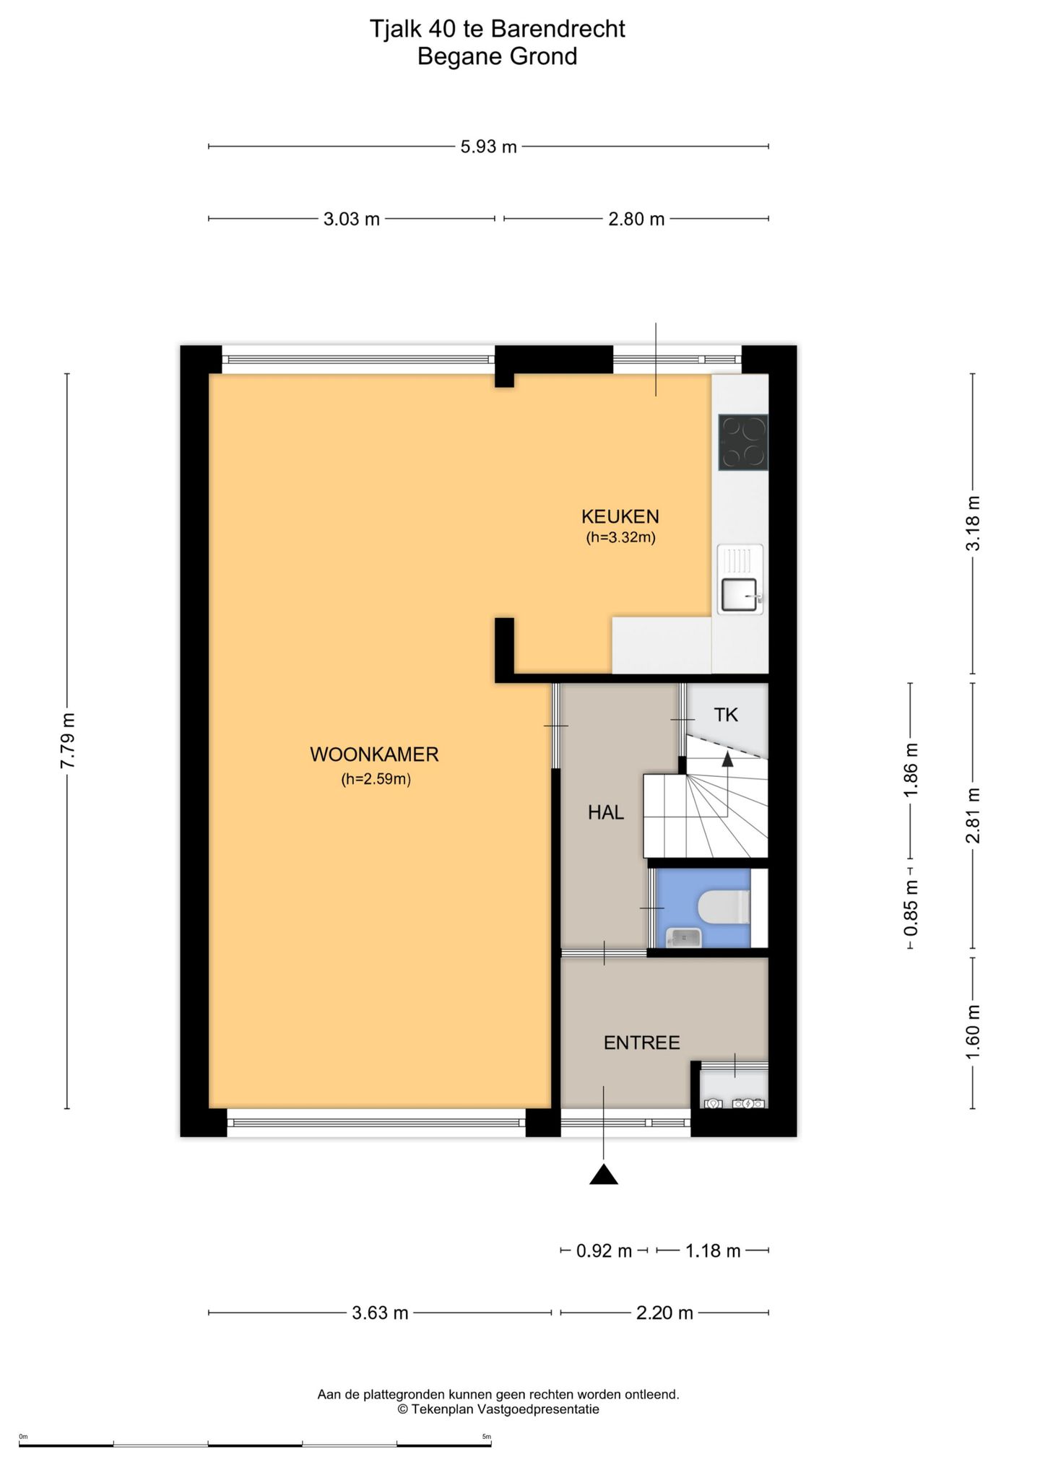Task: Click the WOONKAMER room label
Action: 374,754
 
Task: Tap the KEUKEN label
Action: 620,516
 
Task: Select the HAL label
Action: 605,812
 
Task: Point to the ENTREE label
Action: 642,1043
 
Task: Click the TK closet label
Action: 726,715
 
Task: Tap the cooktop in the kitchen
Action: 743,442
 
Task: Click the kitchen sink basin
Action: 738,595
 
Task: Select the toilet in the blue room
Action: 725,908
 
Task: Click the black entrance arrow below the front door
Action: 604,1175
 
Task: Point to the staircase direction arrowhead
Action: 727,759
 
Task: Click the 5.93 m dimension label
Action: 489,147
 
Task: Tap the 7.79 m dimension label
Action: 67,741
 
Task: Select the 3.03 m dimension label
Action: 352,219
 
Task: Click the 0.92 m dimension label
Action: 604,1251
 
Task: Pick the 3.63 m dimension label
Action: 380,1313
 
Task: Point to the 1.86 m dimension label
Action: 911,770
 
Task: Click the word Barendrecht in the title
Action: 558,29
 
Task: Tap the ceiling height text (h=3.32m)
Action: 620,537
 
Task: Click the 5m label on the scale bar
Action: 487,1437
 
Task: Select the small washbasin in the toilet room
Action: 683,937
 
